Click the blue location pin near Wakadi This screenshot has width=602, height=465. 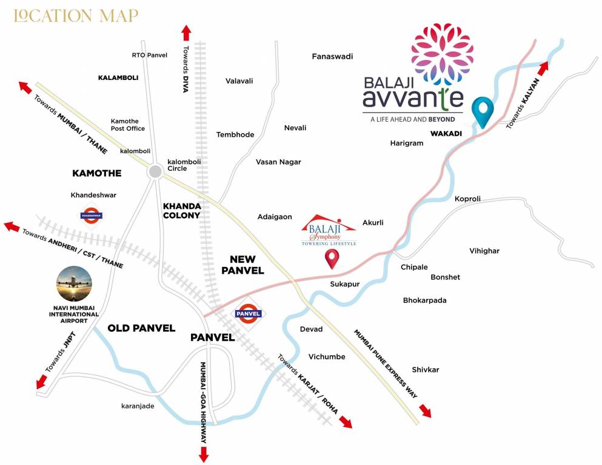483,111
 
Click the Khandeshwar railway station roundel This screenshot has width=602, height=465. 92,214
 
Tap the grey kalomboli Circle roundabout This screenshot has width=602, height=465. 155,172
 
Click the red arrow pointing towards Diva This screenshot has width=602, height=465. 186,32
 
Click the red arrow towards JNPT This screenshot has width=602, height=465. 42,381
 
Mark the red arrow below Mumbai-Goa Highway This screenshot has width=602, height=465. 204,454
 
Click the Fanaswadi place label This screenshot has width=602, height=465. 332,56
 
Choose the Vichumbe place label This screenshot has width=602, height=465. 327,357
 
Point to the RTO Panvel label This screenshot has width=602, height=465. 149,55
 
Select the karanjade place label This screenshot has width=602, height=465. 138,406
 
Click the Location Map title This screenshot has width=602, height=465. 76,15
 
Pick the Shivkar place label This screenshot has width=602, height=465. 426,369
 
